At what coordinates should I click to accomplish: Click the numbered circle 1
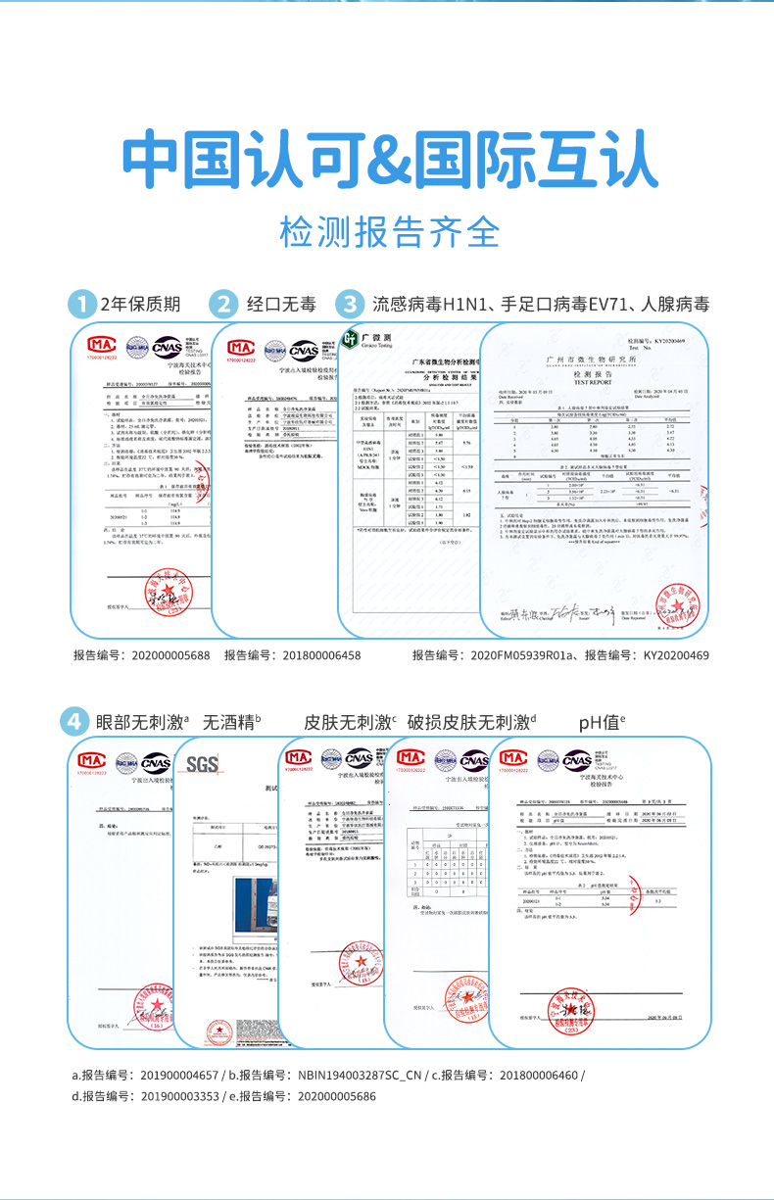[82, 304]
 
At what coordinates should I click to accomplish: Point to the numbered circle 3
[349, 304]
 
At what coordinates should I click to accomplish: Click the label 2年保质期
[141, 304]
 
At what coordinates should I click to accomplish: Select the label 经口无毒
[281, 304]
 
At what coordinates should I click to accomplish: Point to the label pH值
[601, 723]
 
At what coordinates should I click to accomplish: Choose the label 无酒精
[231, 723]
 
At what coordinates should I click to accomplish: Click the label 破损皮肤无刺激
[471, 723]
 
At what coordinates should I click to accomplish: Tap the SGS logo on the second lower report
[202, 764]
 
